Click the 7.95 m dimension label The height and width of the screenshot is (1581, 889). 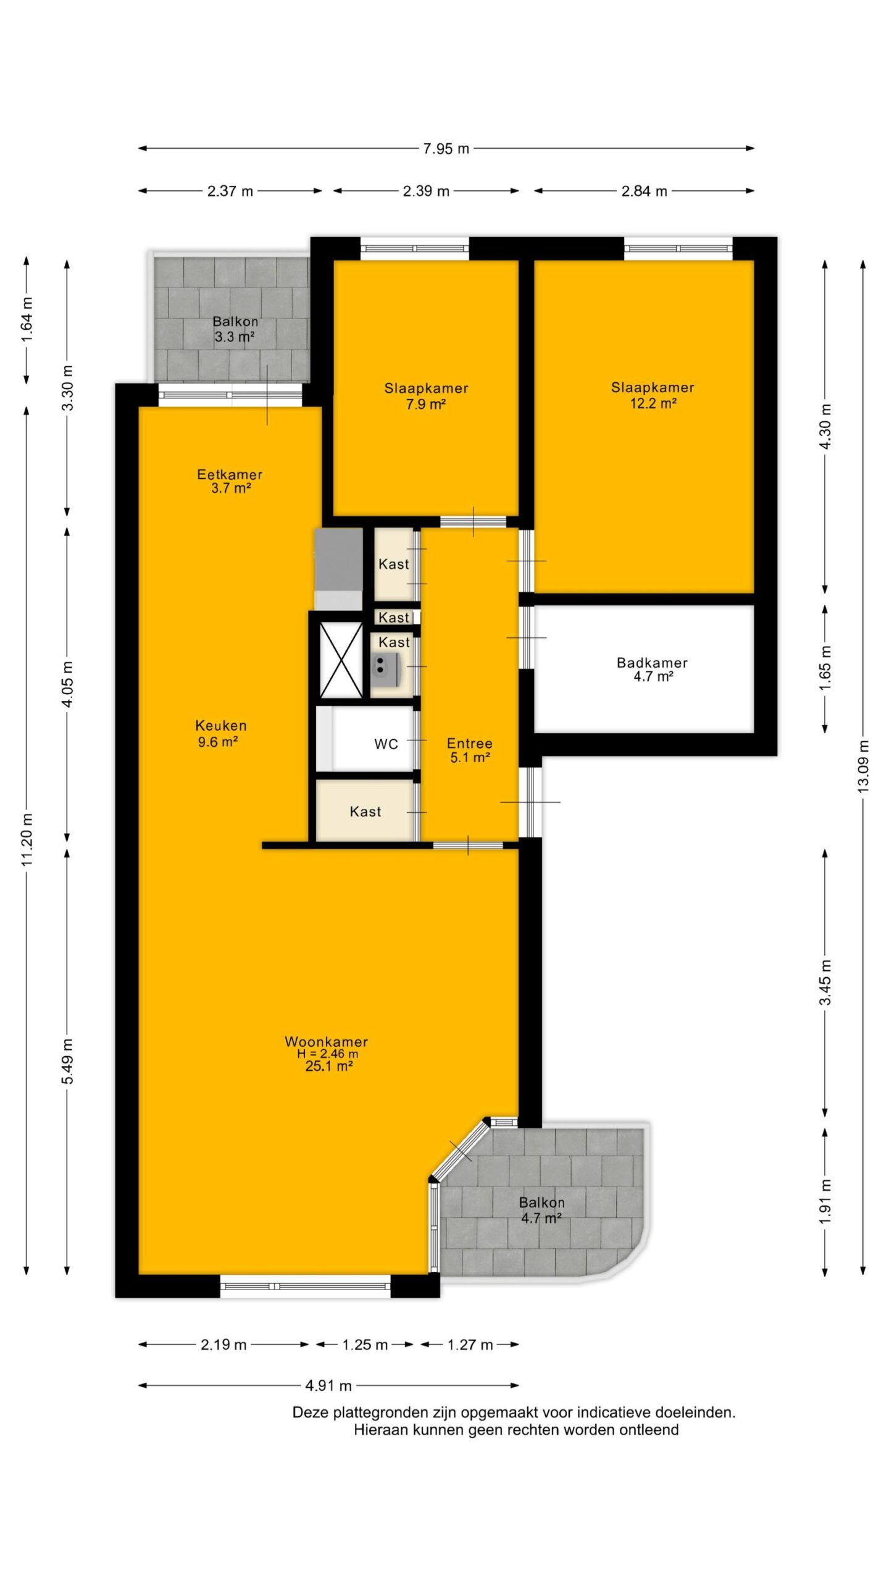pyautogui.click(x=446, y=149)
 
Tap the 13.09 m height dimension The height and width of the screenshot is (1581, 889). pyautogui.click(x=863, y=766)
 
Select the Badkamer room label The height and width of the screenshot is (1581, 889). pyautogui.click(x=652, y=663)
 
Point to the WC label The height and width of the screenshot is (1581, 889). pyautogui.click(x=386, y=744)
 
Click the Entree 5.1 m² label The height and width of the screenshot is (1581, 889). pyautogui.click(x=470, y=750)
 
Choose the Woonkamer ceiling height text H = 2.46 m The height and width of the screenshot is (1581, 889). pyautogui.click(x=327, y=1054)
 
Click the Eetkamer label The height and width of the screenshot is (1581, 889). pyautogui.click(x=230, y=474)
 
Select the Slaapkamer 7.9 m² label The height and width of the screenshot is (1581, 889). pyautogui.click(x=426, y=396)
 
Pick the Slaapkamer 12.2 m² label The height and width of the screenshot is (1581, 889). pyautogui.click(x=653, y=395)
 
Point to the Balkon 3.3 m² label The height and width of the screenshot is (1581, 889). pyautogui.click(x=235, y=329)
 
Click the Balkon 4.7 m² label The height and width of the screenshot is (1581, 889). pyautogui.click(x=541, y=1210)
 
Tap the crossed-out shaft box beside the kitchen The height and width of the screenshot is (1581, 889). pyautogui.click(x=341, y=660)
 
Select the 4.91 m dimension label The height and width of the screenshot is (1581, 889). pyautogui.click(x=328, y=1386)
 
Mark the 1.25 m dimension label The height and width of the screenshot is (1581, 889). pyautogui.click(x=365, y=1344)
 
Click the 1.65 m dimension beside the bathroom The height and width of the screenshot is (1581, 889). pyautogui.click(x=825, y=668)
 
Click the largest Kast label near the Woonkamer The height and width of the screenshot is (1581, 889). pyautogui.click(x=365, y=811)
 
